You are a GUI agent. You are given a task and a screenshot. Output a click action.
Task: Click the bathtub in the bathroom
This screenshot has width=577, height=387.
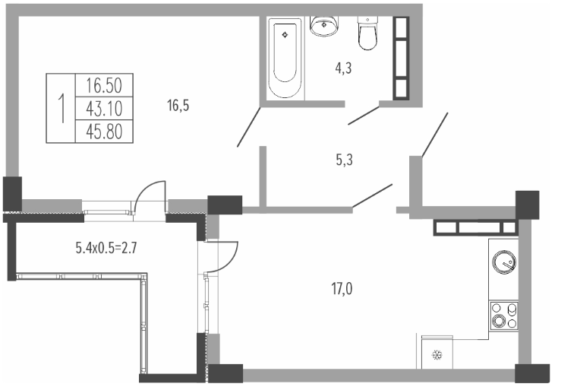(285, 58)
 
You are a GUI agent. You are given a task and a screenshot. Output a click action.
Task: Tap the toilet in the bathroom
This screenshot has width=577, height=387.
(367, 33)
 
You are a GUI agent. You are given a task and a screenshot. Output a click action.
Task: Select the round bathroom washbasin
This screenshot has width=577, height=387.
(324, 26)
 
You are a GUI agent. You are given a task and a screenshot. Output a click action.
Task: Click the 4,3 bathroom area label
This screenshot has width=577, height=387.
(343, 68)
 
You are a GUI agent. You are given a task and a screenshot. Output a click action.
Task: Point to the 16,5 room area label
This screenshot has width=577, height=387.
(178, 106)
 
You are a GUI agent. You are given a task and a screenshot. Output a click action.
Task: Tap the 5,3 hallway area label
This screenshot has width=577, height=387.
(344, 160)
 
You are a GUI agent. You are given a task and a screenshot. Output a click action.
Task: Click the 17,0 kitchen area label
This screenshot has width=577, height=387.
(342, 289)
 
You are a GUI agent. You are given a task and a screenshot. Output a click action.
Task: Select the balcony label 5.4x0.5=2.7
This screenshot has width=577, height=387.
(106, 248)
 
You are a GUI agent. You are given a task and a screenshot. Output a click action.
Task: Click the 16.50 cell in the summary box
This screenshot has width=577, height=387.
(104, 85)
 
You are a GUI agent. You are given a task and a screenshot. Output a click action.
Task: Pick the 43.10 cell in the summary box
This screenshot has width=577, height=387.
(104, 109)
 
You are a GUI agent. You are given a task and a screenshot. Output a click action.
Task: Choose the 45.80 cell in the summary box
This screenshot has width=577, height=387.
(104, 132)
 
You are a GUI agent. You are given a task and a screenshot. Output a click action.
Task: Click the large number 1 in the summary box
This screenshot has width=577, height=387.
(61, 108)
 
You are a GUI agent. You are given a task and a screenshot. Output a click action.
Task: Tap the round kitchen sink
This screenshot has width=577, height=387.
(504, 262)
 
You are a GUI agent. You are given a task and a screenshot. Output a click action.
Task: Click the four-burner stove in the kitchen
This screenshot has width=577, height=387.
(504, 316)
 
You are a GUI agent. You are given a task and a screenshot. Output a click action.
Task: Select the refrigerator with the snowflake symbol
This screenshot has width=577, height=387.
(437, 352)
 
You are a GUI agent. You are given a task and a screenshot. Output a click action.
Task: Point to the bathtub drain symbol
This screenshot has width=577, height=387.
(285, 35)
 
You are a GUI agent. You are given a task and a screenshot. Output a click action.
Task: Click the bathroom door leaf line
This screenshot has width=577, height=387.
(364, 116)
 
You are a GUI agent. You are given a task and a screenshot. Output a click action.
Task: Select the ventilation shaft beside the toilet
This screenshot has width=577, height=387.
(401, 59)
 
